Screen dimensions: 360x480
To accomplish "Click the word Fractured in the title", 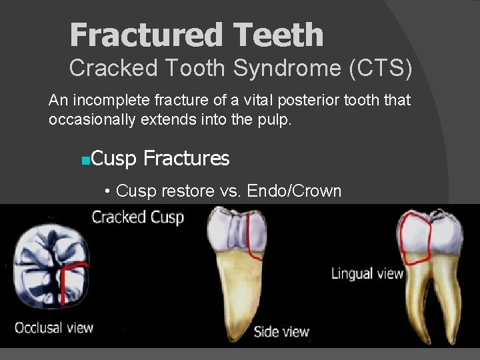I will coord(136,35).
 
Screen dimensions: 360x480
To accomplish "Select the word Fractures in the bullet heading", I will coord(186,159).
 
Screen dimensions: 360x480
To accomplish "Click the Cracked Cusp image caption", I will coord(137,217).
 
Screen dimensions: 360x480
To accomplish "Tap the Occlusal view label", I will coord(54,327).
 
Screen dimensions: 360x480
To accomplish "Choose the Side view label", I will coord(281,331).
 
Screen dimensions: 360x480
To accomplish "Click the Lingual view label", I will coord(367,273).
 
